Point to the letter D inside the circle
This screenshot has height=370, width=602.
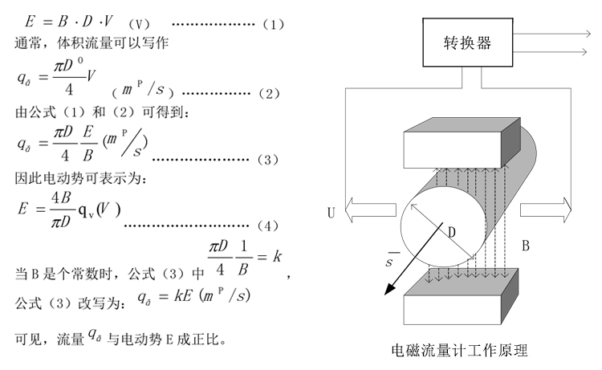tap(452, 232)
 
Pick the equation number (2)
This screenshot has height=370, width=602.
tap(269, 93)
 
